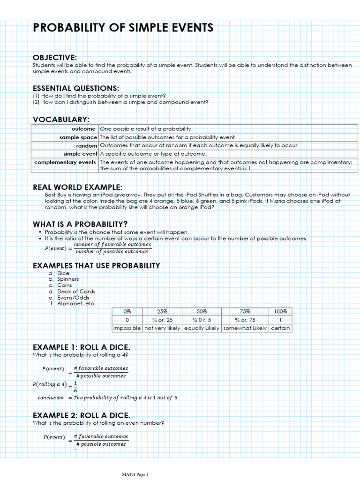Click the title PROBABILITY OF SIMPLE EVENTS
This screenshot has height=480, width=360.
[123, 28]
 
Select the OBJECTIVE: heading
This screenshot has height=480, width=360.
[54, 57]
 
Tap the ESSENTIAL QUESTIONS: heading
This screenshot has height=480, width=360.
[75, 88]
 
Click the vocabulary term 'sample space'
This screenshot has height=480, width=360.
[78, 137]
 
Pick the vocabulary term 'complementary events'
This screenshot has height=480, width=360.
[65, 162]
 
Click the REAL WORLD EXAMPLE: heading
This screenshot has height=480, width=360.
[77, 187]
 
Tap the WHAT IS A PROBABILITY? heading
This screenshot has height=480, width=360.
[80, 224]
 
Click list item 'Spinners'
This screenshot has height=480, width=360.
[68, 279]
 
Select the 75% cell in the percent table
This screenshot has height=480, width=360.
[244, 311]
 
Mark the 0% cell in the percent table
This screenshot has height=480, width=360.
[127, 311]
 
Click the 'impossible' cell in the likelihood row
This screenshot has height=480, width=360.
[127, 328]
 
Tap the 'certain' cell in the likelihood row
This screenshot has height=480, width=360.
[280, 328]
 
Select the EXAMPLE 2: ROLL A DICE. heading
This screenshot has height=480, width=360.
[81, 415]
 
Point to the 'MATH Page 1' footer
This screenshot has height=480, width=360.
[135, 475]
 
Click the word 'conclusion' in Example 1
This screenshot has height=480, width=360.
[51, 398]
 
